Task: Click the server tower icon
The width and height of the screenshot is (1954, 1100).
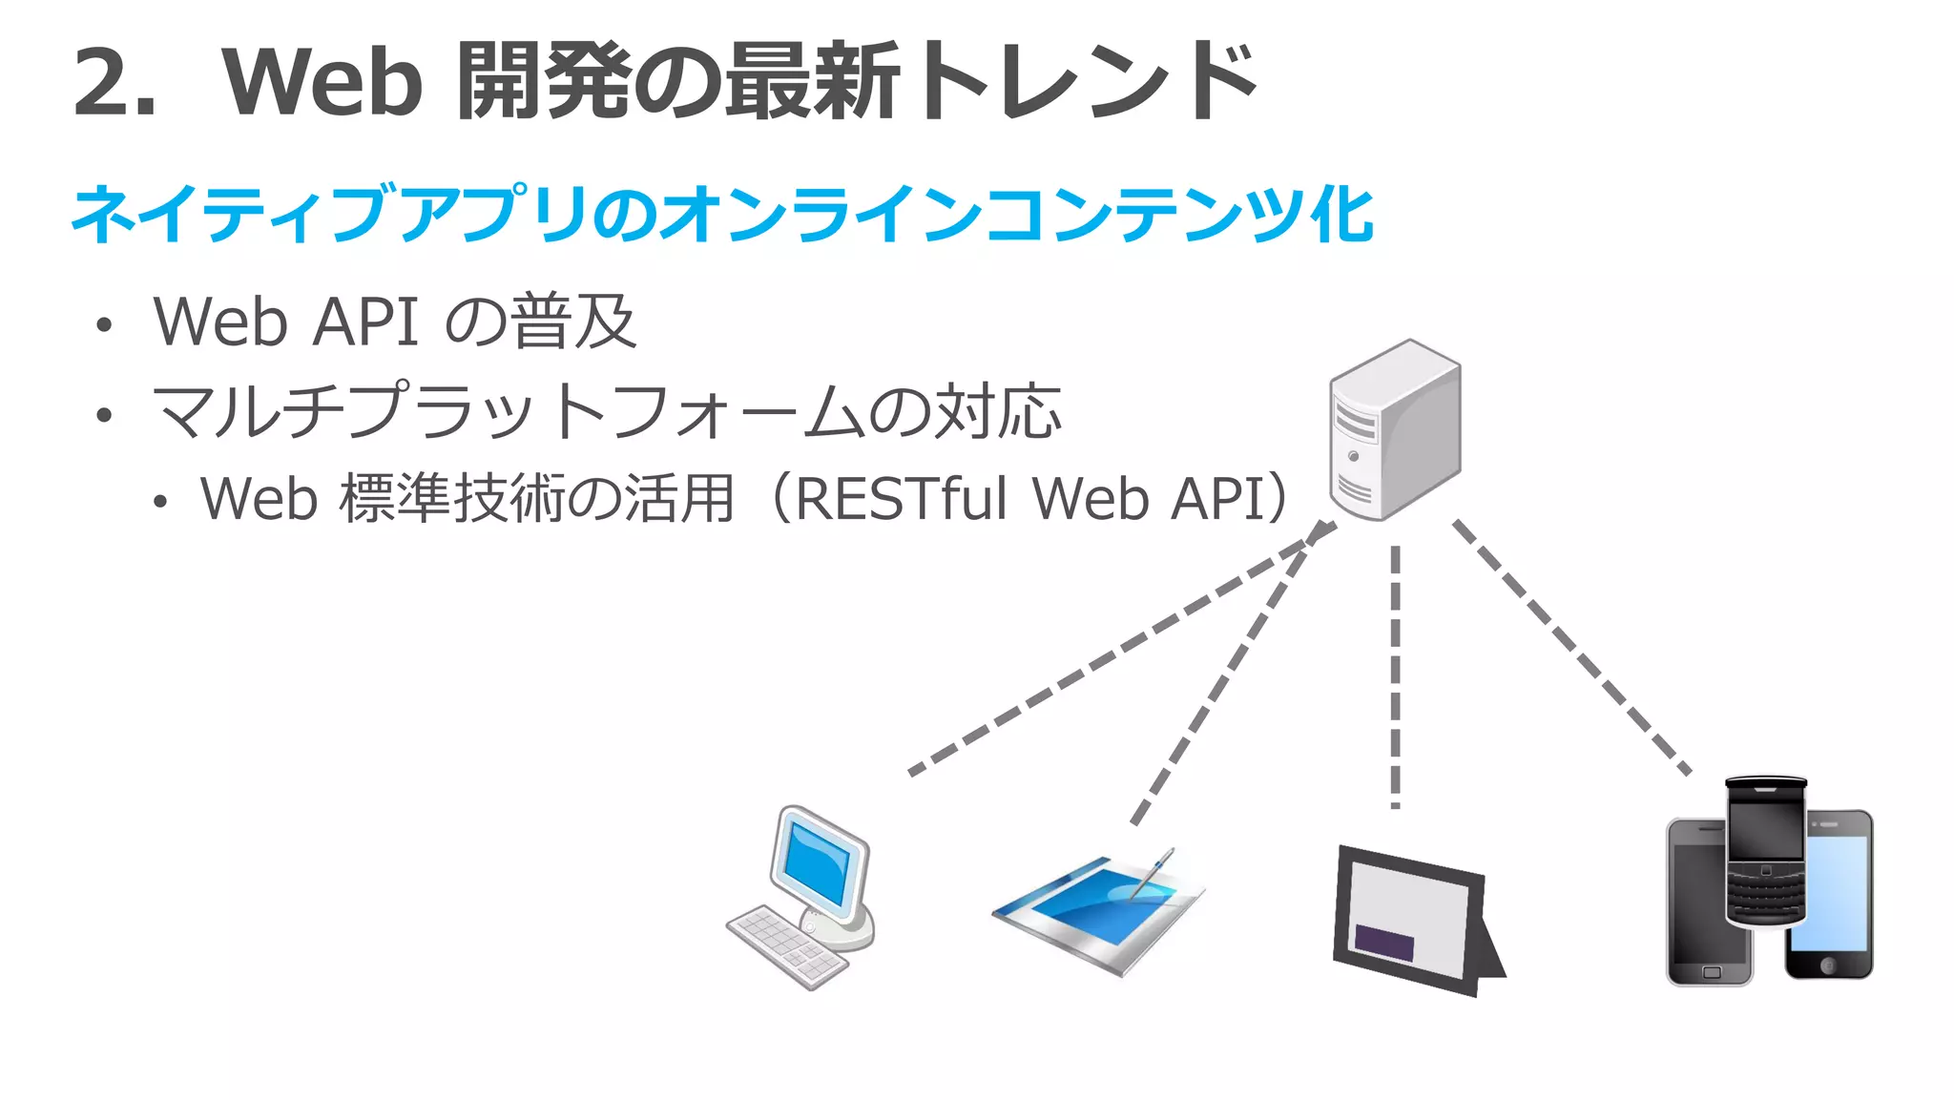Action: click(1394, 429)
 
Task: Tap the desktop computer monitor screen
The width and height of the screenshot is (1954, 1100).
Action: click(815, 860)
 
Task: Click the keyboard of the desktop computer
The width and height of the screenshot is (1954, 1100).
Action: click(788, 946)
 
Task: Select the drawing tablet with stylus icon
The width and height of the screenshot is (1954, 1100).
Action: click(1097, 911)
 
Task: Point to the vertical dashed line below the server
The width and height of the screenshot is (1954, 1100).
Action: click(1395, 677)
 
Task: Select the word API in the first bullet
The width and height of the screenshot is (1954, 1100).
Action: click(365, 322)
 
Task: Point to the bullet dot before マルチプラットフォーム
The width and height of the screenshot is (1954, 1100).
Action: click(104, 415)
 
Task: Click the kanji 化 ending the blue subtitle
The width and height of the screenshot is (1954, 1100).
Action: click(1341, 214)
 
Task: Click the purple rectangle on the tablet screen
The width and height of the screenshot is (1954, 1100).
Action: click(1384, 942)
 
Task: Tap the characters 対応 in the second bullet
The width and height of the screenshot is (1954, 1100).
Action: click(997, 412)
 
